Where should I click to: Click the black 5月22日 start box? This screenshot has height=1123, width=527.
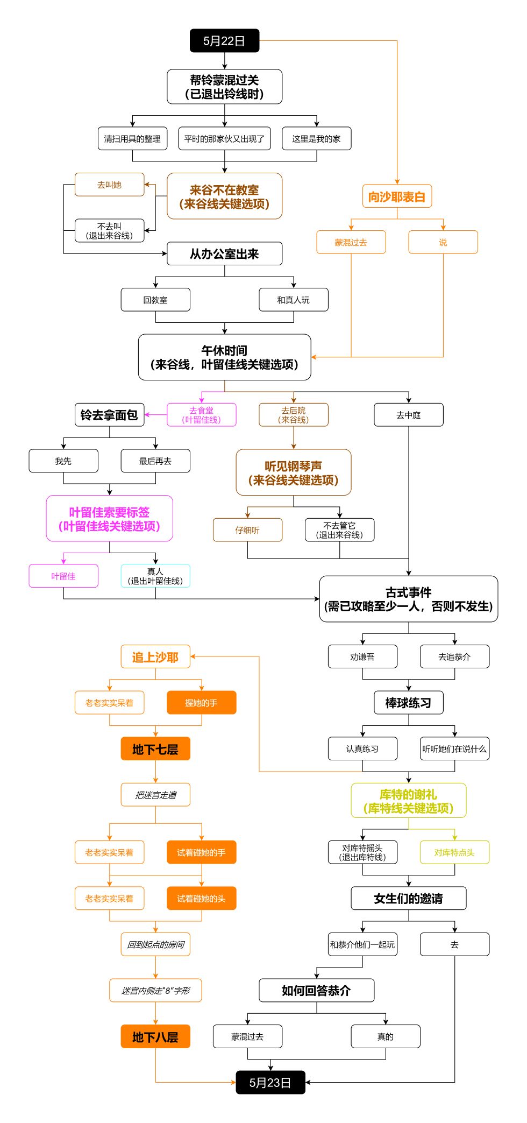(x=224, y=41)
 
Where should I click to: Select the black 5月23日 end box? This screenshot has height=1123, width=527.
(x=270, y=1082)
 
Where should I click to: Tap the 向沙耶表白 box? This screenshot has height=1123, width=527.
(x=397, y=197)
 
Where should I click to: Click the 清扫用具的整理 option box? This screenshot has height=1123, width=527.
(x=132, y=139)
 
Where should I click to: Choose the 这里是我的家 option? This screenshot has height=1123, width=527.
(x=316, y=139)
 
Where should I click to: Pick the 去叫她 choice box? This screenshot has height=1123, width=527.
(x=109, y=185)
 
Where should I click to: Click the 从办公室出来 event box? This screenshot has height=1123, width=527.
(x=224, y=254)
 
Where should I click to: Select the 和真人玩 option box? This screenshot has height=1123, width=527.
(x=293, y=300)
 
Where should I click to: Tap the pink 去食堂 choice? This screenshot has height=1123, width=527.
(x=201, y=415)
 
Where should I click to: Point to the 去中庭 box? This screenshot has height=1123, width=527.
(x=408, y=415)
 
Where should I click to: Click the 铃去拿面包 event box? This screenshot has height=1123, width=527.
(x=109, y=415)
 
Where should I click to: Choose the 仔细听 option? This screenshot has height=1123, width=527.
(x=247, y=530)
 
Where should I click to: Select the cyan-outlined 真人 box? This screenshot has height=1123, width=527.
(x=155, y=576)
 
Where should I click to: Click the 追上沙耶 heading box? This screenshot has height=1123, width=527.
(x=155, y=657)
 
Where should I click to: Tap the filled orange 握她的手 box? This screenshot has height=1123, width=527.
(x=201, y=703)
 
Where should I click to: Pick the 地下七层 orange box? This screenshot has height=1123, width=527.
(x=155, y=749)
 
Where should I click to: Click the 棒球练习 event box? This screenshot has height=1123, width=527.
(x=408, y=703)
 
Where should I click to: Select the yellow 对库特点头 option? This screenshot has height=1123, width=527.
(x=454, y=852)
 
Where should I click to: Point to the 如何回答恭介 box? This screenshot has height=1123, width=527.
(x=316, y=991)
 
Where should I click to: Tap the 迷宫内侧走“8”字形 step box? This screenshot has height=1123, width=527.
(x=155, y=991)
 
